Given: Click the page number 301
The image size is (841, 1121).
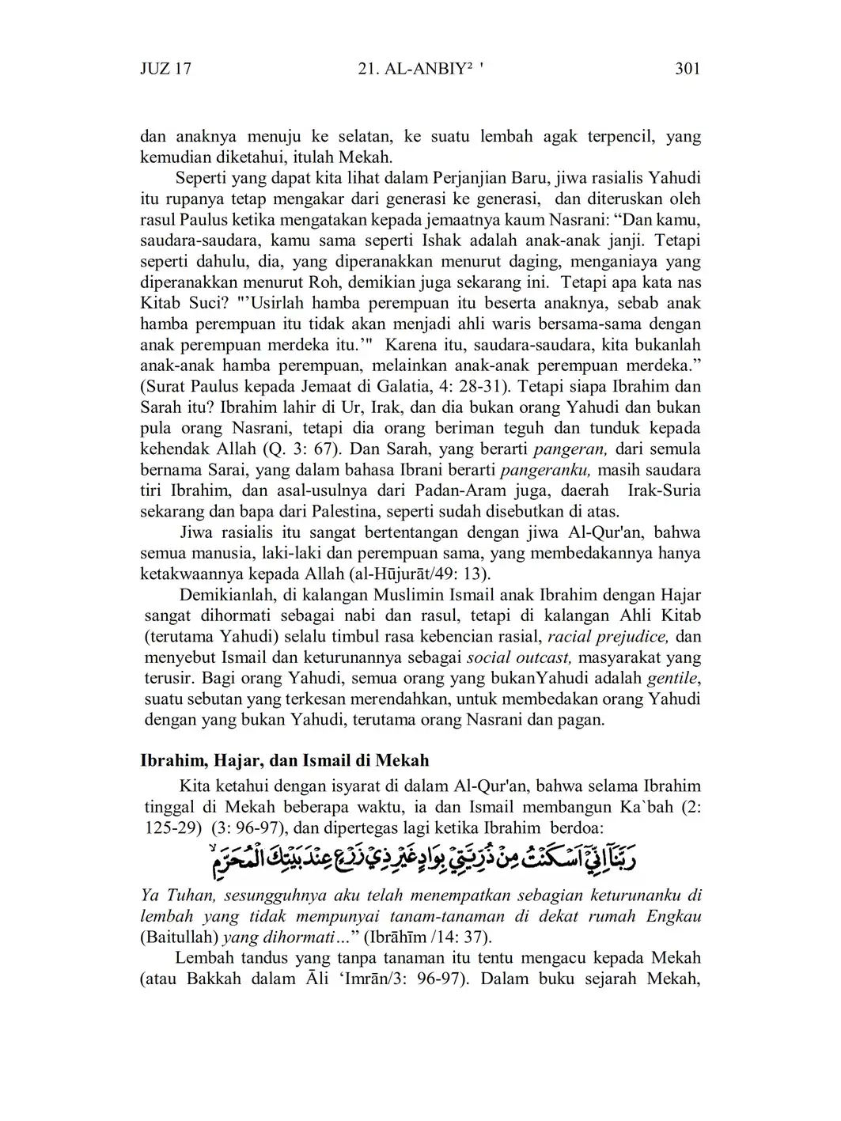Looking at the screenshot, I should (688, 69).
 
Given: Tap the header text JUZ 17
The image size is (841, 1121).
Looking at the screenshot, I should (165, 69).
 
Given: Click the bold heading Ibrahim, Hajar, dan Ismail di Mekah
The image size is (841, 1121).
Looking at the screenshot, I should (284, 761).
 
